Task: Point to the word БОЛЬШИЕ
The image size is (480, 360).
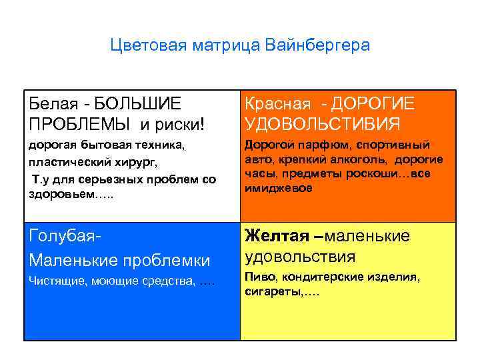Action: pos(137,104)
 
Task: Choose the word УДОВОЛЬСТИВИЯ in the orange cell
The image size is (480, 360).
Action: pos(323,124)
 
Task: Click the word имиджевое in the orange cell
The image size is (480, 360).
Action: pos(274,189)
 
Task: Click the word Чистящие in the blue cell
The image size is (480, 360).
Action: pos(54,283)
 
